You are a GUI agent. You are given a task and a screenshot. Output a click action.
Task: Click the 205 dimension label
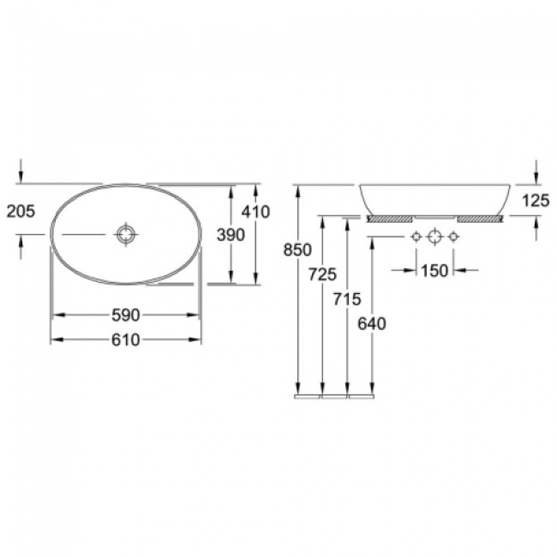(x=21, y=212)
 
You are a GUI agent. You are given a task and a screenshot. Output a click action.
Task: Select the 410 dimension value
(x=256, y=212)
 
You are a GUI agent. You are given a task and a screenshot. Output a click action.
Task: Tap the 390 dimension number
(x=231, y=235)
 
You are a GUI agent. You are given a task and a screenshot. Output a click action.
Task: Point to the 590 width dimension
(x=126, y=315)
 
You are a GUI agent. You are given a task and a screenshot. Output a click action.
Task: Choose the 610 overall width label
(x=126, y=340)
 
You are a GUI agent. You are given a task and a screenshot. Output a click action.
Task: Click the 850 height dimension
(x=297, y=250)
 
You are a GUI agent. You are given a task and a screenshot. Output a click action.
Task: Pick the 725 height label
(x=322, y=274)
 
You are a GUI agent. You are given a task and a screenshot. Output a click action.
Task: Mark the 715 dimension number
(x=347, y=299)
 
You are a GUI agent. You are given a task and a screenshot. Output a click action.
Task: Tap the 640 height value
(x=372, y=324)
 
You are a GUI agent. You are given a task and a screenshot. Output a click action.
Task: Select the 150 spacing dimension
(x=434, y=271)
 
